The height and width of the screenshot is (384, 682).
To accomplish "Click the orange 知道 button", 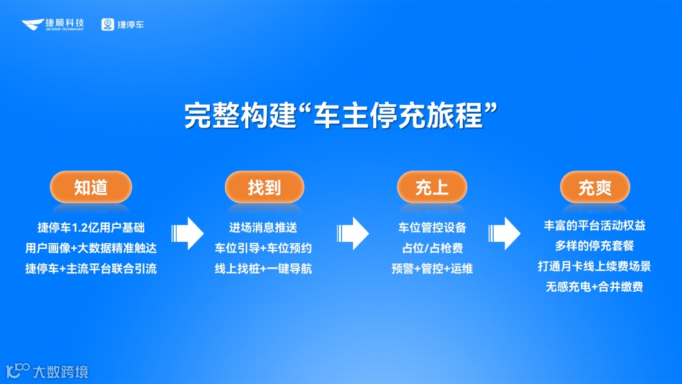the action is coord(91,187).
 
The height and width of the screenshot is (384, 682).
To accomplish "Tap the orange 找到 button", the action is coord(265,187).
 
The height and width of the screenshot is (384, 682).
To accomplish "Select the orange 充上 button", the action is coord(432,187).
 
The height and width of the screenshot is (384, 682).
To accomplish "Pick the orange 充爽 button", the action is coord(595,187).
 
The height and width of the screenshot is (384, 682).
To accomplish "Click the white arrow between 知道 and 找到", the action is coord(188,234).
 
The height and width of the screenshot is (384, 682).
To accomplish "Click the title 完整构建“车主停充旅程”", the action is coord(341,116).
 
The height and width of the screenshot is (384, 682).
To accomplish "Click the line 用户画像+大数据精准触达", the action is coord(91,248).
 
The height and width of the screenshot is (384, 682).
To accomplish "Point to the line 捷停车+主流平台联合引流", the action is coord(91,268).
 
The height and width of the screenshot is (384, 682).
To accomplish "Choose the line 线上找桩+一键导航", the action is coord(263,268).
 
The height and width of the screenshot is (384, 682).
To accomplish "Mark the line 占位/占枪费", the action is coord(432,248).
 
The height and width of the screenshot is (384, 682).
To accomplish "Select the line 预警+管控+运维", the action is coord(432,268).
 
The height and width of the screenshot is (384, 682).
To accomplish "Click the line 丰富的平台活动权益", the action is coord(595,225).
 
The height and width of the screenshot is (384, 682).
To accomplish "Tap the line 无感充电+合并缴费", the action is coord(595,287).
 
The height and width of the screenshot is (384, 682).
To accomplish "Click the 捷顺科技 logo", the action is coord(53,25).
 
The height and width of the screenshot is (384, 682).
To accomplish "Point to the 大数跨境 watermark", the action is coord(47,371).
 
